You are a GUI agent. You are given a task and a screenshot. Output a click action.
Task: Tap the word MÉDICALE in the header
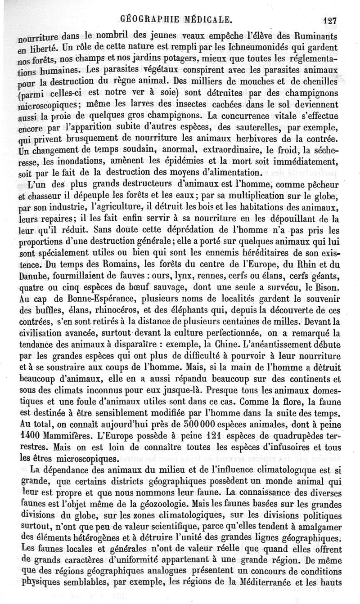208,19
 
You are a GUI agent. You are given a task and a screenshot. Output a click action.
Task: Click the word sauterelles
269,125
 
